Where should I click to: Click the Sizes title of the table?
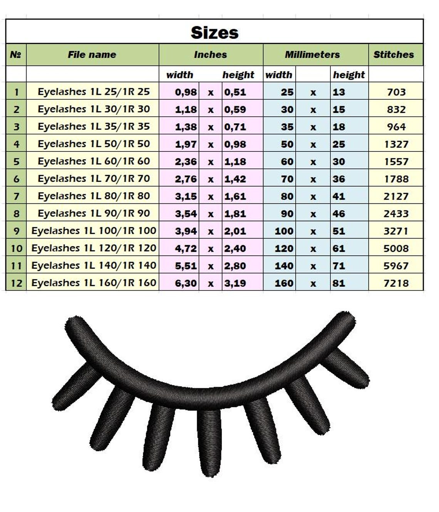(x=214, y=32)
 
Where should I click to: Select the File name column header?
(x=92, y=54)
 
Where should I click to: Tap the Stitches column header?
(x=394, y=54)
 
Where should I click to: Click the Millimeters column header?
(x=312, y=54)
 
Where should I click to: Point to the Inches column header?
(x=210, y=54)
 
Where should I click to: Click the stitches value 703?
(x=396, y=92)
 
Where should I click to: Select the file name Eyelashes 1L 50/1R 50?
(x=94, y=144)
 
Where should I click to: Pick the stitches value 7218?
(x=396, y=283)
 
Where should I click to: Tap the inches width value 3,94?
(x=186, y=231)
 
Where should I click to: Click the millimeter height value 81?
(x=338, y=283)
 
